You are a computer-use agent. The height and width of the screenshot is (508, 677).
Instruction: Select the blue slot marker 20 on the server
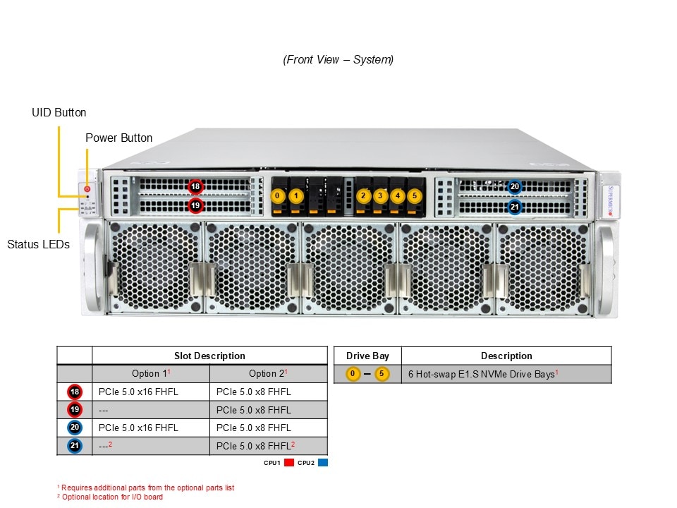click(515, 187)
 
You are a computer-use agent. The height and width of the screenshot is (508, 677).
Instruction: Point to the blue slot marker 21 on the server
click(515, 207)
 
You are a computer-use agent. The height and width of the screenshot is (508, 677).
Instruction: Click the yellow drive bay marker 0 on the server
click(278, 195)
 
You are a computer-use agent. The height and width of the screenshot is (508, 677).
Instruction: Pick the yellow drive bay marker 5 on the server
click(415, 195)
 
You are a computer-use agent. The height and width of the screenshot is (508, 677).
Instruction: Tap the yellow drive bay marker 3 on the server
click(381, 195)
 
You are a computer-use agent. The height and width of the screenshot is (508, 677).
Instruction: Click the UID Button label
click(59, 113)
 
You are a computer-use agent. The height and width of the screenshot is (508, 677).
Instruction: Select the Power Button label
click(118, 138)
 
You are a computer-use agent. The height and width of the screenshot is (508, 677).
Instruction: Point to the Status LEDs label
click(39, 245)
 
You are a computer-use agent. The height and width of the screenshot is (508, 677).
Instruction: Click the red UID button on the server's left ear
click(87, 188)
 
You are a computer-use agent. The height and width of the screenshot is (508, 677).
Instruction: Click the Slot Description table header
click(209, 356)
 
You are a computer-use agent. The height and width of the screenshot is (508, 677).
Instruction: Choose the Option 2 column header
click(268, 374)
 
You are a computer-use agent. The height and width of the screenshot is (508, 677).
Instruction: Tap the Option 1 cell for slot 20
click(151, 428)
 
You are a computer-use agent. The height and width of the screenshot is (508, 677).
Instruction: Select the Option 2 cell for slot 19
click(268, 410)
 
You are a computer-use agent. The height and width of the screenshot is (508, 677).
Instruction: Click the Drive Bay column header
click(367, 356)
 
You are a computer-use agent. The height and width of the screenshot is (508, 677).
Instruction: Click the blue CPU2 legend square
click(323, 463)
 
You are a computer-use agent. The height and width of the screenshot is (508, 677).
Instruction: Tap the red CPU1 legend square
click(288, 463)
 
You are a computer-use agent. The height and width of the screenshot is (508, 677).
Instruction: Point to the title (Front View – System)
click(338, 60)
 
